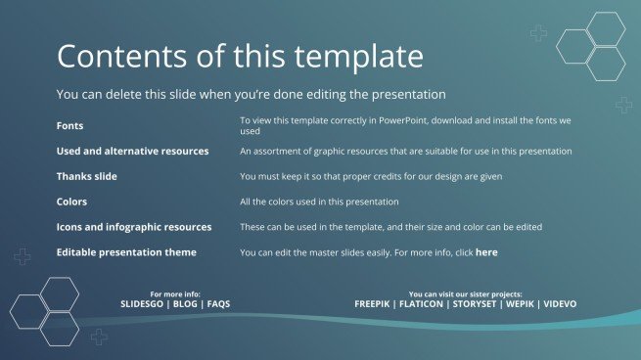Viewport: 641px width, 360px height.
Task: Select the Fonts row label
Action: point(69,126)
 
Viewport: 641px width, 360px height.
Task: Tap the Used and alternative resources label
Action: point(132,152)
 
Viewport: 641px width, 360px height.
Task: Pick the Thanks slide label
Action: point(86,177)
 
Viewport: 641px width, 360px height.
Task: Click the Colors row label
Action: point(71,202)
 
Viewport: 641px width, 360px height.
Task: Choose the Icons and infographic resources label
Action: point(134,227)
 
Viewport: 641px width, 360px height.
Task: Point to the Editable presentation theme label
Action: point(126,252)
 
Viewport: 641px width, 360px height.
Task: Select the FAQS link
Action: point(219,304)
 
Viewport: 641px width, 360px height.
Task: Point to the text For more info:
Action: point(176,293)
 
